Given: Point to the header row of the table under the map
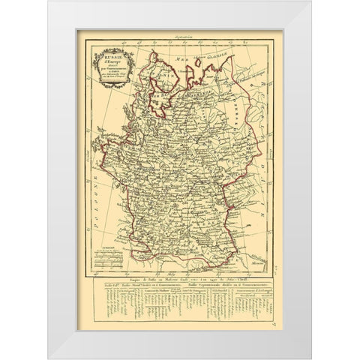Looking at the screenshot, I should tap(180, 289).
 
